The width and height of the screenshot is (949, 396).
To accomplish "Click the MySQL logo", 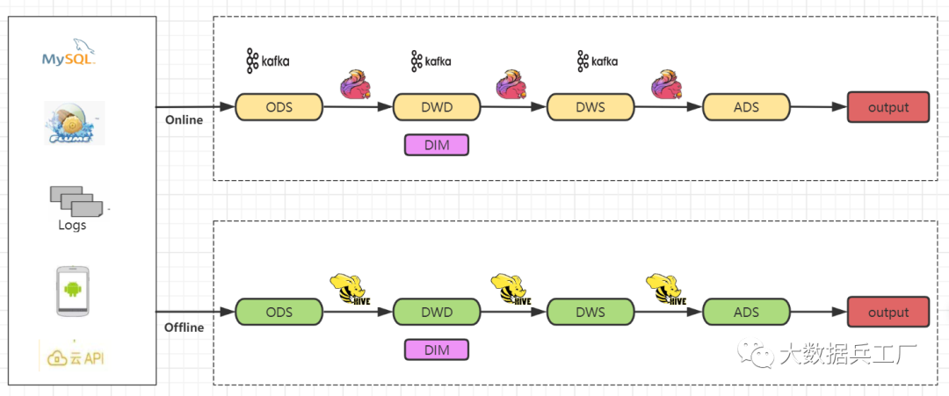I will (69, 54).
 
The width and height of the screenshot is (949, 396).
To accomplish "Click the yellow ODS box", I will (279, 107).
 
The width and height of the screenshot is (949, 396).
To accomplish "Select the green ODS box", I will (279, 312).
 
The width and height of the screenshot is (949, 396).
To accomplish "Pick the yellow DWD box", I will (436, 107).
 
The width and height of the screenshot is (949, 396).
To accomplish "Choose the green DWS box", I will (590, 312).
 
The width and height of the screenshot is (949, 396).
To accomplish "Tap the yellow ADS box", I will (745, 107).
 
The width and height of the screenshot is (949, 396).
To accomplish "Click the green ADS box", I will (745, 312).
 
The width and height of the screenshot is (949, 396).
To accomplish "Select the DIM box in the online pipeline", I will (436, 145).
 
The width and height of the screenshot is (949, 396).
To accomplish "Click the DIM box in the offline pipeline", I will (436, 349).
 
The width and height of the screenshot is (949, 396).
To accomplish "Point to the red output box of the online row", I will (887, 107).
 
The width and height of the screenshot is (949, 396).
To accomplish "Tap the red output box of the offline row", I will (887, 312).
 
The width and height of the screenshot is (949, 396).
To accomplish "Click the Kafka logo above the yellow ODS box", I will (267, 61).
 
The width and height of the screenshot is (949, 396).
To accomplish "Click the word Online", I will (184, 119).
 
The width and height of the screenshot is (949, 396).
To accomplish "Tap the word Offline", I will (184, 328).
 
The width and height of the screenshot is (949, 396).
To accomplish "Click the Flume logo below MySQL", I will (73, 123).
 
